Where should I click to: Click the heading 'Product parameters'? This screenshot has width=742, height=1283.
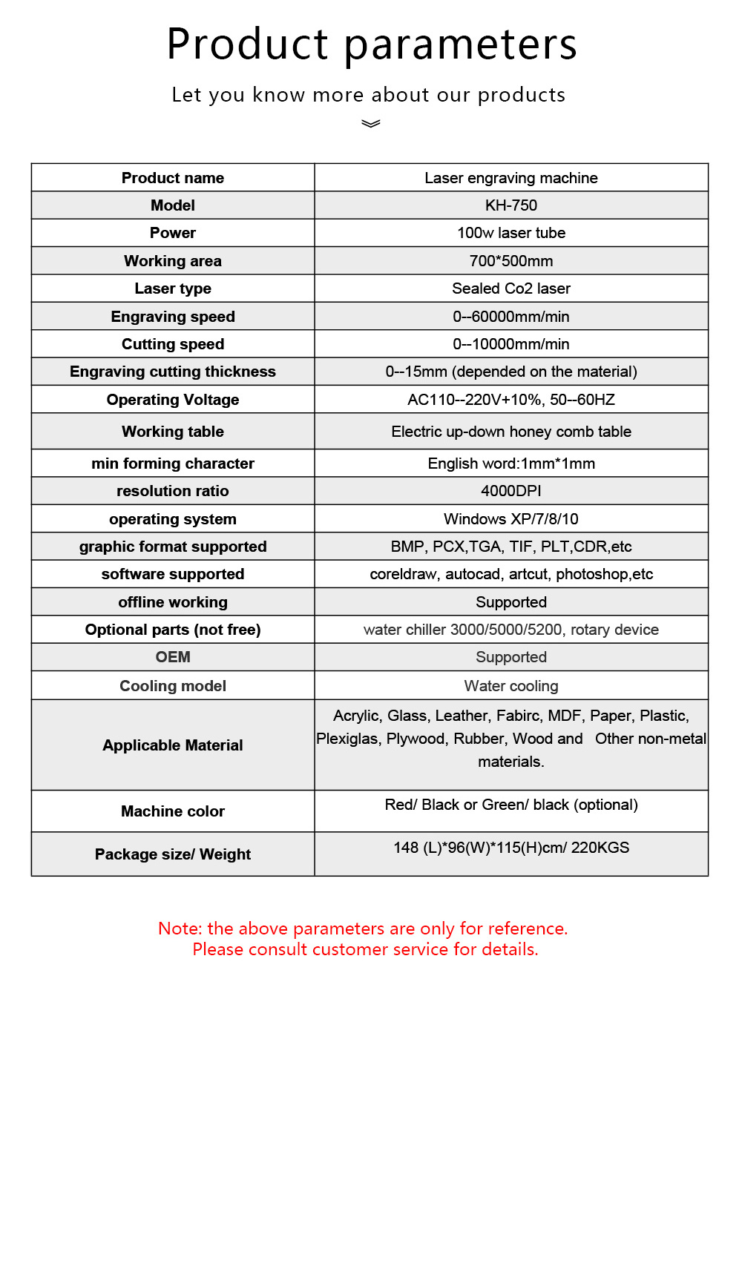372,44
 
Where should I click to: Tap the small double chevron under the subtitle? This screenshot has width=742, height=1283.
371,124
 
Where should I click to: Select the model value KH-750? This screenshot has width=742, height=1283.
511,205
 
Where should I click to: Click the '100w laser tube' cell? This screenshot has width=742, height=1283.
511,233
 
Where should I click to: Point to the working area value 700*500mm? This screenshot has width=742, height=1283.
511,261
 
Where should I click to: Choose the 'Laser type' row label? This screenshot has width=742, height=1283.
173,288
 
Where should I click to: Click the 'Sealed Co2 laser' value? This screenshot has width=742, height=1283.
511,288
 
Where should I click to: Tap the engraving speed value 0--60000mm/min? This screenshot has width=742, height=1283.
511,317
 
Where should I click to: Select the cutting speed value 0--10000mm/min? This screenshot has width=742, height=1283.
511,344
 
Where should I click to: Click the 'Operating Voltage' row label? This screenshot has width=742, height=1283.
173,400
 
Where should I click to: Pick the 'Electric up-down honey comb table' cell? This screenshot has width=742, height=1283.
511,432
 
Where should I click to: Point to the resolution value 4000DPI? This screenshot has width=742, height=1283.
511,491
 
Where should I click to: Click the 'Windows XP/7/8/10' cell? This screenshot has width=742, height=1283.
511,519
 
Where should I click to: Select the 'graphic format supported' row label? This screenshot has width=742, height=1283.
173,547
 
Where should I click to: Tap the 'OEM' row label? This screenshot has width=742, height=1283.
173,657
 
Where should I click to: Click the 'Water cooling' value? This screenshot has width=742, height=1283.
511,686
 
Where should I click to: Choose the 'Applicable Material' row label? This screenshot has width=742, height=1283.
173,745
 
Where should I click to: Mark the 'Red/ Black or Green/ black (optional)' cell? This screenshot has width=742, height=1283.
511,805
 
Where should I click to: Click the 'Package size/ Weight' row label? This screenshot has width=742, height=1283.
173,854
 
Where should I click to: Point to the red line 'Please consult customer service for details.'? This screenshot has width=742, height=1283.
365,949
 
